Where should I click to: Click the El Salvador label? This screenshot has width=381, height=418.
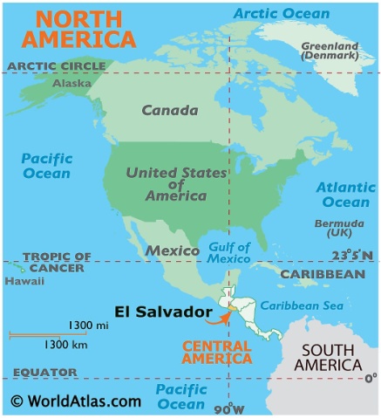tap(162, 312)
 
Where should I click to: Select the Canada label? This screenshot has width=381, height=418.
tap(169, 111)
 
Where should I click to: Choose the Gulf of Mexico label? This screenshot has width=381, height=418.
tap(229, 252)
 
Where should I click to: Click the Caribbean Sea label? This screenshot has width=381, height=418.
tap(302, 305)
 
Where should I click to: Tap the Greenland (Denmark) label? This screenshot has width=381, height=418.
tap(329, 50)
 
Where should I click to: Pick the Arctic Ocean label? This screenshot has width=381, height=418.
tap(282, 13)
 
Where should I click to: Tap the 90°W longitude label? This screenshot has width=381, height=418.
tap(228, 408)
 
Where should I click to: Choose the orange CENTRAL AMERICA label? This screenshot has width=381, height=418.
tap(215, 353)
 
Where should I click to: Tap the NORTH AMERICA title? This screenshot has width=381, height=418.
tap(78, 28)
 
